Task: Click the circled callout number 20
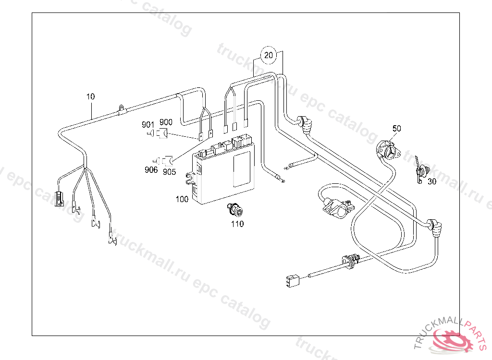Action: coord(269,55)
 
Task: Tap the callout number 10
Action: coord(91,96)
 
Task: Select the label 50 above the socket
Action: coord(396,128)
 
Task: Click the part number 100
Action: coord(182,199)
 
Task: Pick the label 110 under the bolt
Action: coord(237,224)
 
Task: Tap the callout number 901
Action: coord(148,124)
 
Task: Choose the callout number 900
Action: coord(166,122)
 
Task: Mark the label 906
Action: coord(151,169)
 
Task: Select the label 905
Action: coord(169,172)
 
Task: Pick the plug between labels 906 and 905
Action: coord(166,160)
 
